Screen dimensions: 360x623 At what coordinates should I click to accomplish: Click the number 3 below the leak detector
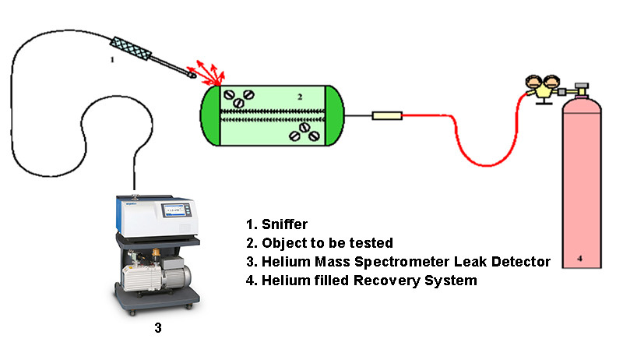[158, 328]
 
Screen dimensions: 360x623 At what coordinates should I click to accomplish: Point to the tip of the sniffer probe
[192, 75]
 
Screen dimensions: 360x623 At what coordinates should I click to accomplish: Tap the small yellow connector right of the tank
[387, 116]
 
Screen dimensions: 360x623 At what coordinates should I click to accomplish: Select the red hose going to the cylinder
[467, 148]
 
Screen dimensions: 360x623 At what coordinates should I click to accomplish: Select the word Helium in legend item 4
[283, 280]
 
